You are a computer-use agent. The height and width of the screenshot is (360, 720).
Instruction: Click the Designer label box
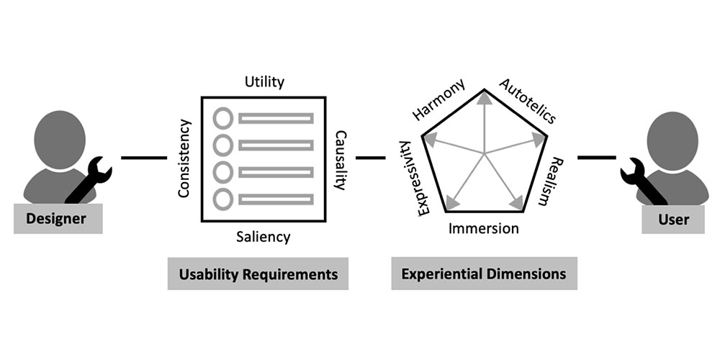click(58, 219)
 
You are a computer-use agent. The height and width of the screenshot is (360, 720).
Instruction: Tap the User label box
click(672, 219)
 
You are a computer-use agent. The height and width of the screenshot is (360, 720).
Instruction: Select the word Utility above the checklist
click(264, 82)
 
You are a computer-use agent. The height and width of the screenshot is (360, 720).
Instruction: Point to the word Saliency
click(264, 237)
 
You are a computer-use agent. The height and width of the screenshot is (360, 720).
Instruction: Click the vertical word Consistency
click(184, 158)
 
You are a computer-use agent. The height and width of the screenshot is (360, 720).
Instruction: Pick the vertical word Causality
click(341, 161)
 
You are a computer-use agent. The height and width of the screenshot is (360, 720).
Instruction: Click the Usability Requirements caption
click(258, 274)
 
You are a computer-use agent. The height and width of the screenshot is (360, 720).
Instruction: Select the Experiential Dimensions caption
click(484, 274)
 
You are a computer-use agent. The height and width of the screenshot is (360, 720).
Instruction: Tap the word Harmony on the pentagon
click(438, 99)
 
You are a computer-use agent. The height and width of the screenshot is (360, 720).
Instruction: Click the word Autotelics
click(528, 101)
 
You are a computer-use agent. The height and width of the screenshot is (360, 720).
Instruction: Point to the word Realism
click(550, 181)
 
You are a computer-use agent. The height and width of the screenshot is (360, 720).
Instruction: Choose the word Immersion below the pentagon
click(484, 228)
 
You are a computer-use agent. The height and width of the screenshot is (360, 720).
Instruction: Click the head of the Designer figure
click(60, 140)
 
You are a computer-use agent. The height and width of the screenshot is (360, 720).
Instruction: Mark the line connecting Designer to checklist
click(144, 158)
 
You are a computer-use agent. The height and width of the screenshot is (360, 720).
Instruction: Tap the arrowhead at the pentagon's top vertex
click(484, 97)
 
